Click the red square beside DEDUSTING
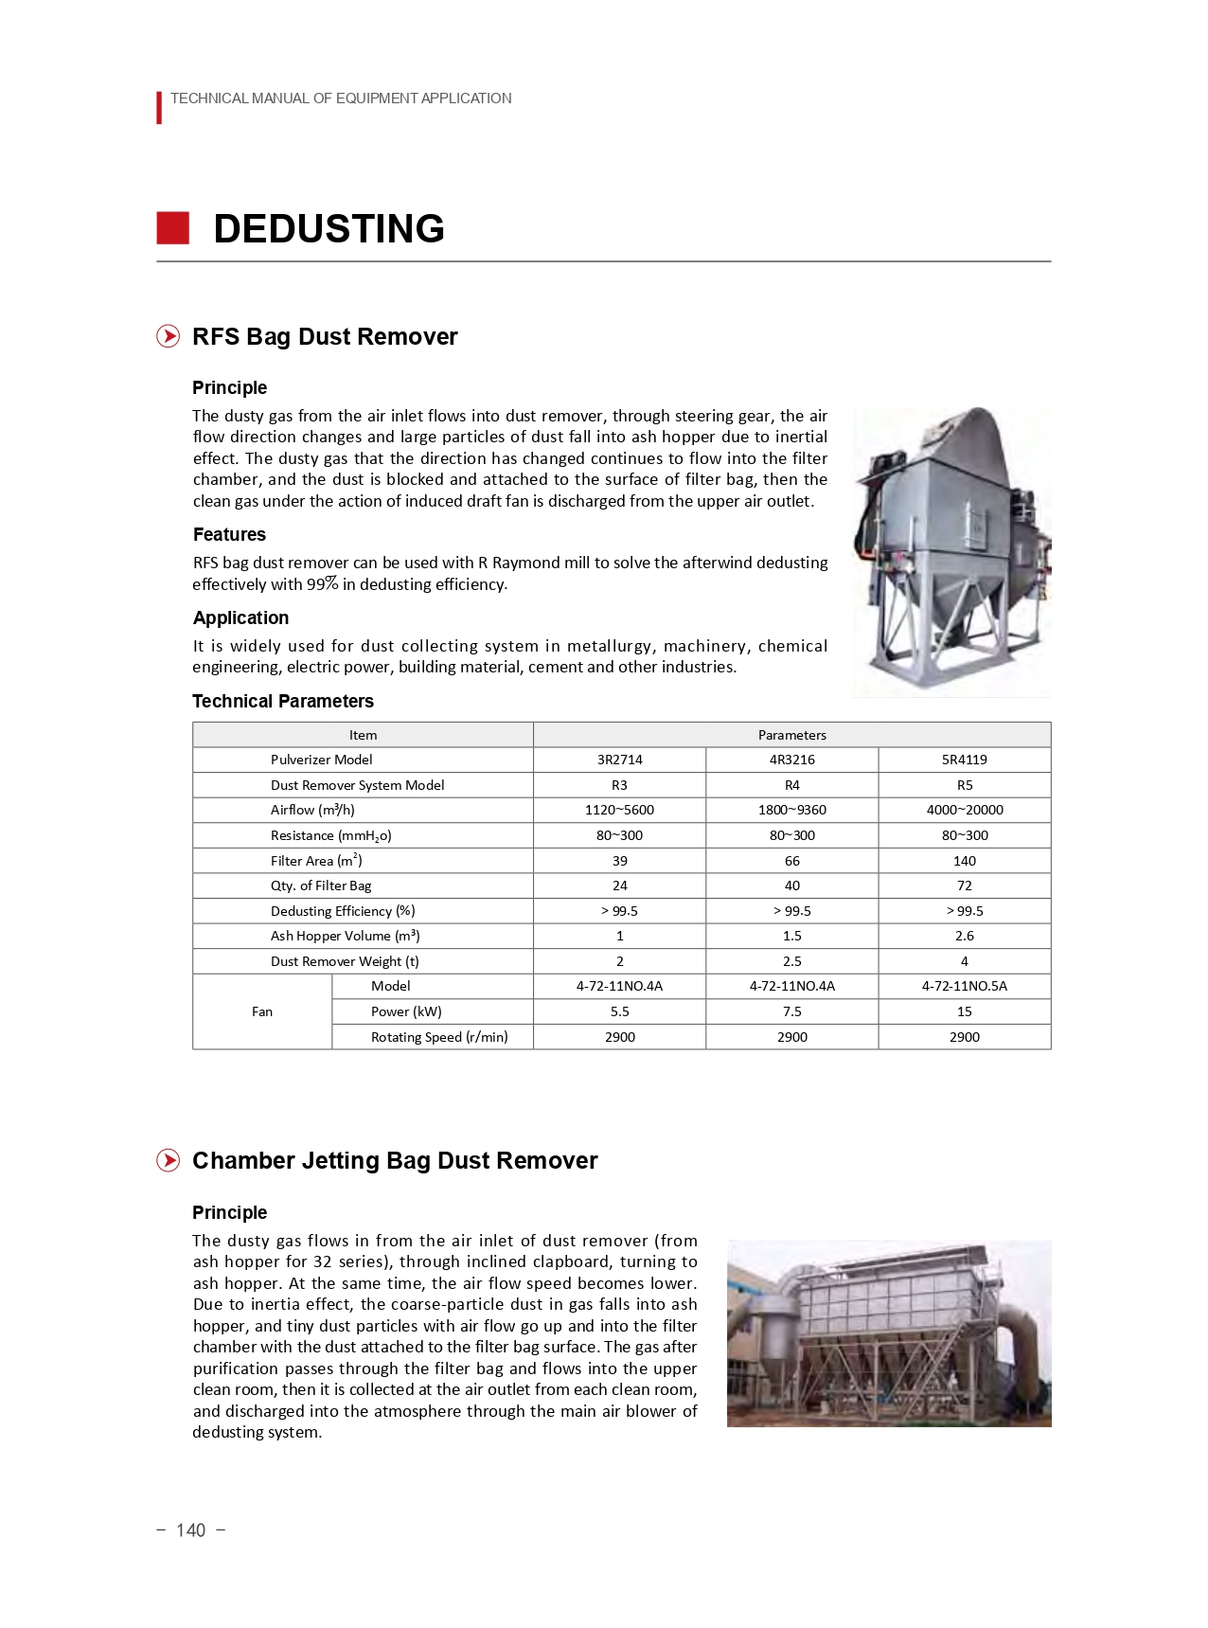[x=173, y=228]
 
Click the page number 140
[x=190, y=1530]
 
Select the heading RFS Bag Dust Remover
[x=325, y=337]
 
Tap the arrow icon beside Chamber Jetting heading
[x=169, y=1161]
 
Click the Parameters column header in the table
[x=791, y=735]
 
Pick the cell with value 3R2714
[x=619, y=760]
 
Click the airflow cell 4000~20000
[x=964, y=810]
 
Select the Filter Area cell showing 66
[x=791, y=861]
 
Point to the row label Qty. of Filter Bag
[x=321, y=886]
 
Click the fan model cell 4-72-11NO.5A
[x=964, y=986]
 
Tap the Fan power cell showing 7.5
[x=791, y=1011]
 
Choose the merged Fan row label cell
[x=262, y=1011]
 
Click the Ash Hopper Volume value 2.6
[x=964, y=936]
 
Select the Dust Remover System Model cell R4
[x=791, y=785]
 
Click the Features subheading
[x=229, y=535]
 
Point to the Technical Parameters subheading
[x=283, y=702]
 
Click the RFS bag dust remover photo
[x=951, y=552]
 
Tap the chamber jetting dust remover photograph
[x=888, y=1333]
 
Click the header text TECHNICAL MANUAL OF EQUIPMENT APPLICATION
[x=341, y=98]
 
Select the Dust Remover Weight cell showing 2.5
[x=791, y=961]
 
